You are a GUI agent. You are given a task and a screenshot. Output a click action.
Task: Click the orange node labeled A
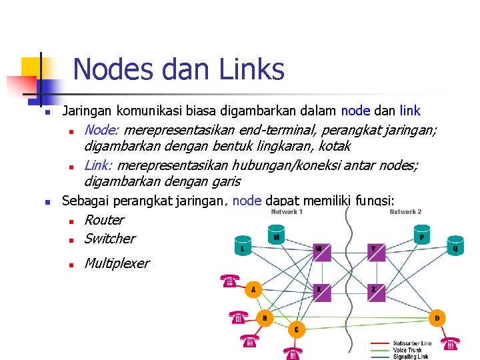coord(252,290)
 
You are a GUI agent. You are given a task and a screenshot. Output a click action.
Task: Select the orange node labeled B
coord(265,318)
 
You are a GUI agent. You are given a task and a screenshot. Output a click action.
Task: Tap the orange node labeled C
coord(296,329)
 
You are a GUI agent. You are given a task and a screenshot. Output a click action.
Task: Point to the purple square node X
coord(321,291)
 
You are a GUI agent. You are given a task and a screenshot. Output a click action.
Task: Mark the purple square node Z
coord(375,291)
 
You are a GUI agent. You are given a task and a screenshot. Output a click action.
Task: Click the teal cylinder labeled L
coord(243,247)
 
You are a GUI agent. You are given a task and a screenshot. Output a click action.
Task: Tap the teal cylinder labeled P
coord(421,236)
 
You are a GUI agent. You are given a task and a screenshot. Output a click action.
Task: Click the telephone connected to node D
coord(451,343)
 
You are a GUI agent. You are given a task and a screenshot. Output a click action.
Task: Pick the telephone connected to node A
coord(229,281)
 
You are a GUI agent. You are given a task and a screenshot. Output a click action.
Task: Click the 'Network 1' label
coord(287,212)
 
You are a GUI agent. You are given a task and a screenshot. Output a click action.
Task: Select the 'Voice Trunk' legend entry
coord(408,350)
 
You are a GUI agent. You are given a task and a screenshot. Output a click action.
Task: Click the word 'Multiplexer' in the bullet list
coord(117,263)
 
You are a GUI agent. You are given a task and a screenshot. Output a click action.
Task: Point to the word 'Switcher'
coord(109,239)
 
